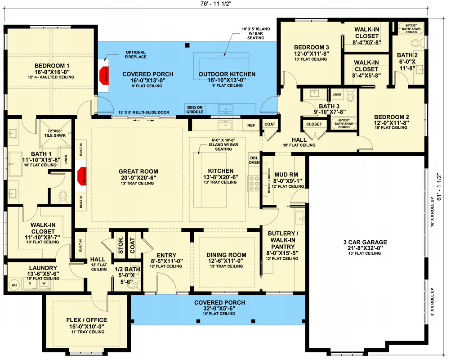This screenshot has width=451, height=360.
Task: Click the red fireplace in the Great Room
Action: [82, 175]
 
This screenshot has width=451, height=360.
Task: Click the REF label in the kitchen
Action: [251, 125]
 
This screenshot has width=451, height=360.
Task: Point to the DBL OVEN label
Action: [254, 161]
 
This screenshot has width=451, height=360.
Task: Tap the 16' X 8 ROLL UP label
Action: [431, 212]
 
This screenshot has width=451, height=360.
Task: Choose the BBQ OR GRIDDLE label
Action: [195, 109]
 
